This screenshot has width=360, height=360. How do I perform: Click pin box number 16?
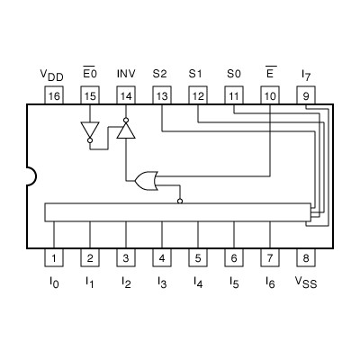pyautogui.click(x=53, y=94)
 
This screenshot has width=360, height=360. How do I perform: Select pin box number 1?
pyautogui.click(x=53, y=259)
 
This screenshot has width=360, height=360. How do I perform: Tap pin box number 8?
pyautogui.click(x=306, y=259)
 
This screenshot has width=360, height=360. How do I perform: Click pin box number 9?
pyautogui.click(x=306, y=94)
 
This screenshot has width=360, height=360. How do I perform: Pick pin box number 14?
pyautogui.click(x=125, y=94)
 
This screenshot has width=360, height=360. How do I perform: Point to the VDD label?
pyautogui.click(x=52, y=73)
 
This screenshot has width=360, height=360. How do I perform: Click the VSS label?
pyautogui.click(x=306, y=283)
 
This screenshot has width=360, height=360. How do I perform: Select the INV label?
pyautogui.click(x=126, y=72)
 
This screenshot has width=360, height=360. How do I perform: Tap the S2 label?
pyautogui.click(x=160, y=72)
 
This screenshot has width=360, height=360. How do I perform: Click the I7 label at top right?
pyautogui.click(x=306, y=73)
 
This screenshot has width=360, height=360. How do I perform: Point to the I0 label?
pyautogui.click(x=53, y=283)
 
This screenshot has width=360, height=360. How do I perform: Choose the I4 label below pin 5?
pyautogui.click(x=197, y=283)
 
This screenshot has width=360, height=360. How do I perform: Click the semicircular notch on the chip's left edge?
pyautogui.click(x=30, y=176)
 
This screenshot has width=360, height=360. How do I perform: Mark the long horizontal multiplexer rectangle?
pyautogui.click(x=176, y=212)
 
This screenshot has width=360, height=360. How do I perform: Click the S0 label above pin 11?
pyautogui.click(x=233, y=72)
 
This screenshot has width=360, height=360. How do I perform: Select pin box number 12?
pyautogui.click(x=197, y=94)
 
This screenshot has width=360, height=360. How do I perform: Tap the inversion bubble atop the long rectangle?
pyautogui.click(x=180, y=202)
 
